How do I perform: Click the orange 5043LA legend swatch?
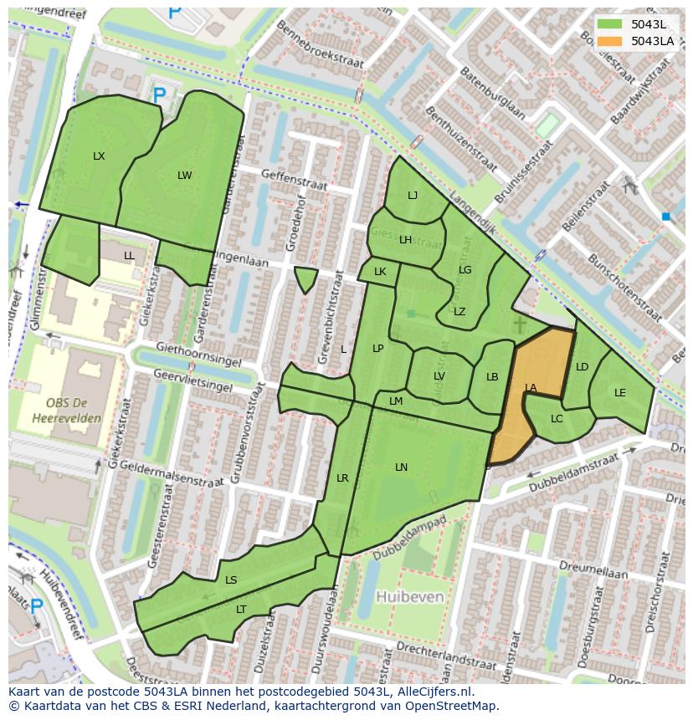coord(611,41)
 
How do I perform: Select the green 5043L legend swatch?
coord(611,24)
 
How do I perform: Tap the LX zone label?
coord(99,156)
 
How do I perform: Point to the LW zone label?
coord(185,176)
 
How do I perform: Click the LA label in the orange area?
coord(531,388)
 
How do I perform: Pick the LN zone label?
coord(402,467)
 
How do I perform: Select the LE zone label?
coord(620,393)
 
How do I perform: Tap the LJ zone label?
coord(413,196)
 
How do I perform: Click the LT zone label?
coord(241,610)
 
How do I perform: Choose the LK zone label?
coord(380,272)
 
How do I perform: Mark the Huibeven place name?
coord(410,597)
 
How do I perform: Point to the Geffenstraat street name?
coord(292,175)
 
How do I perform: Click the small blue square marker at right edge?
coord(666,217)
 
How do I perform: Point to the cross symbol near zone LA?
coord(520,324)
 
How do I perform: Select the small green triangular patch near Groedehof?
coord(306,279)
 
